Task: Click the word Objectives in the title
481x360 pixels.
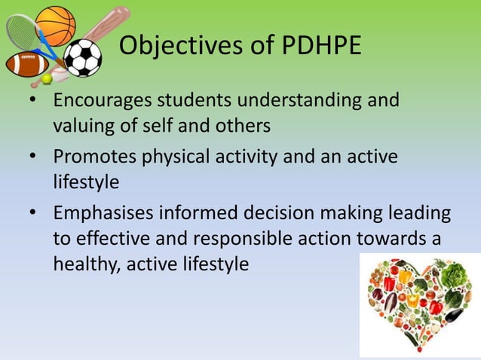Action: coord(178,46)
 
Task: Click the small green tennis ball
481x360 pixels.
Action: coord(47,78)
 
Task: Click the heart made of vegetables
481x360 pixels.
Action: coord(419,301)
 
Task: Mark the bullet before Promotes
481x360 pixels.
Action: coord(34,157)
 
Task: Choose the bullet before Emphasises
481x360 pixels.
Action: coord(34,213)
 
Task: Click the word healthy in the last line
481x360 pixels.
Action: coord(80,264)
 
